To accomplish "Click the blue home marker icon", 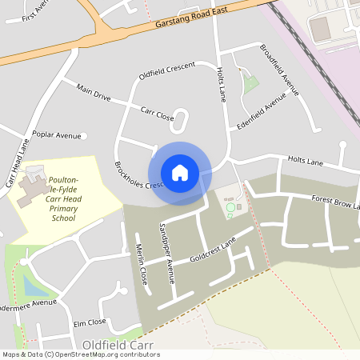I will [180, 173].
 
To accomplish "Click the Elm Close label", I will [89, 322].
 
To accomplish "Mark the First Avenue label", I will [36, 12].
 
